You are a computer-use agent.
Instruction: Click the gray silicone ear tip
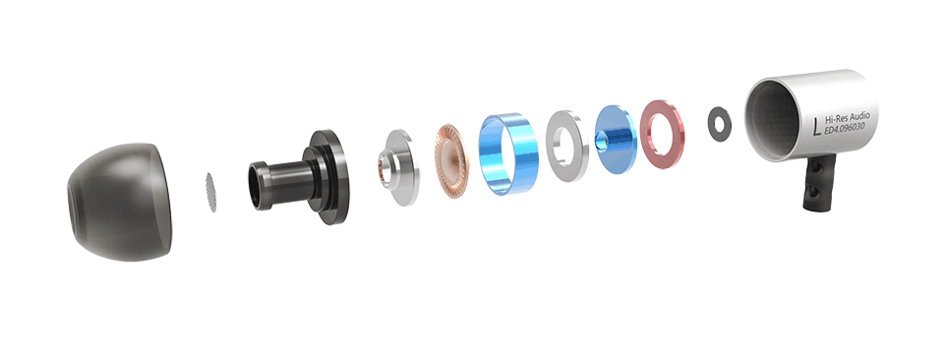pyautogui.click(x=120, y=202)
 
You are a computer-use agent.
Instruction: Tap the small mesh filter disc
pyautogui.click(x=211, y=193)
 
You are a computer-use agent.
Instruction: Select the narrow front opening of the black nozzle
pyautogui.click(x=256, y=186)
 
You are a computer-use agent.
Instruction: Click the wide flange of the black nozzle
pyautogui.click(x=329, y=177)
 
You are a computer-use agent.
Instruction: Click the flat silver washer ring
pyautogui.click(x=567, y=146)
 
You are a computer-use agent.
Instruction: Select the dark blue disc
pyautogui.click(x=616, y=140)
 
